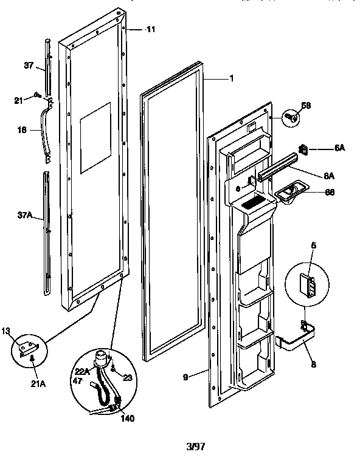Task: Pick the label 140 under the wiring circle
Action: coord(128,418)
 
